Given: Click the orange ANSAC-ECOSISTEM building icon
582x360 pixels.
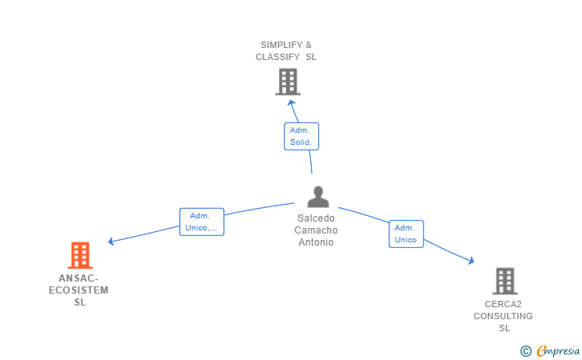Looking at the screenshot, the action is (x=80, y=255).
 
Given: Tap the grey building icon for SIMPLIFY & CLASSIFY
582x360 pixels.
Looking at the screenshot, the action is (x=288, y=82).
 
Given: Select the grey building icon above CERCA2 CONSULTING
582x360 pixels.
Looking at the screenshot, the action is (x=505, y=281).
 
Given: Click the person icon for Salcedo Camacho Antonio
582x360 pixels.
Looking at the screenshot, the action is (x=318, y=197).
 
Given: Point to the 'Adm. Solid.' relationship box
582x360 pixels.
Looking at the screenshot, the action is (x=301, y=136).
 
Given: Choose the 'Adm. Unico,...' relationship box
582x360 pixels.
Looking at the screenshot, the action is (x=201, y=222).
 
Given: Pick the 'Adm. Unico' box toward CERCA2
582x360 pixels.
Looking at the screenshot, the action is (x=406, y=234).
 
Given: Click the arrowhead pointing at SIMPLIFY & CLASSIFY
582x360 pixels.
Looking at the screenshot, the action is (x=291, y=103).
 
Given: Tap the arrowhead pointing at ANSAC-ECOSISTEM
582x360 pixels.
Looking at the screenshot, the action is (x=111, y=242).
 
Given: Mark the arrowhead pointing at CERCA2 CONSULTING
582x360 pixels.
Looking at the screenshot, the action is (x=471, y=261).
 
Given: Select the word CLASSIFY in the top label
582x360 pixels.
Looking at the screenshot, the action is (x=277, y=57).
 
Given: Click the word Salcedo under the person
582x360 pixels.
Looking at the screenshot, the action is (x=316, y=218).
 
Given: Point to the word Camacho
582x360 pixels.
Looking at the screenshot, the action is (x=316, y=230).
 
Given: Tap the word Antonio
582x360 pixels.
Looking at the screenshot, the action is (x=316, y=242).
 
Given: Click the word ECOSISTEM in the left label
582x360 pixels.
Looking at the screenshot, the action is (x=78, y=290).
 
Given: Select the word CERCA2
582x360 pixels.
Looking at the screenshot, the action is (x=503, y=304).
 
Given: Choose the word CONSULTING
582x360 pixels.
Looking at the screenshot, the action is (x=503, y=316).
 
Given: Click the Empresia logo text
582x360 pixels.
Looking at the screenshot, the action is (x=558, y=350).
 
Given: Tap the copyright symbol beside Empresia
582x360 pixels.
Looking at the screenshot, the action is (x=525, y=351).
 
